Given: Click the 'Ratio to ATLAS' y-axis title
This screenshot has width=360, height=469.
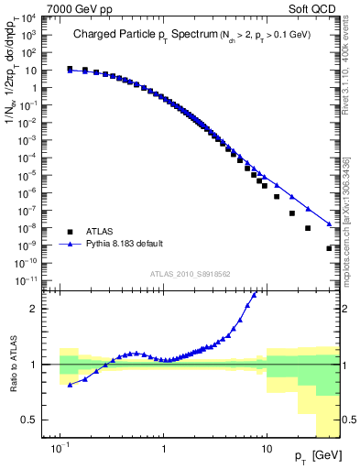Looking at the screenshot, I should [16, 365].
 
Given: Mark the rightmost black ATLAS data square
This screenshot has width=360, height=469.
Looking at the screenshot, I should [329, 248].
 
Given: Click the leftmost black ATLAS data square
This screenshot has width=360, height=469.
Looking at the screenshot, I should [71, 69].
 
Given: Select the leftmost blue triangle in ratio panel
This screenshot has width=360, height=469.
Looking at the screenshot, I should [71, 385].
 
